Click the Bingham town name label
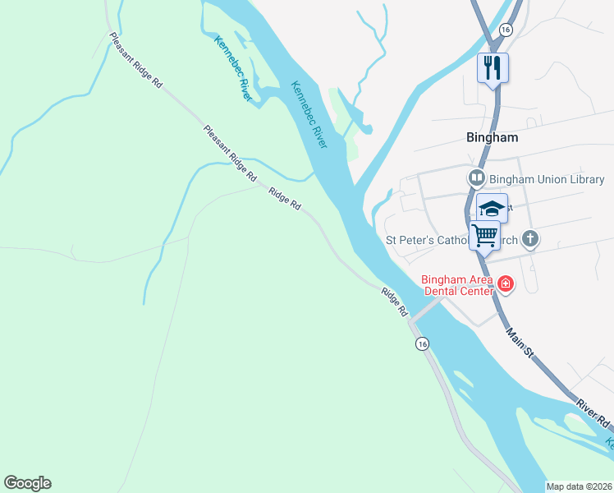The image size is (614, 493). tap(493, 137)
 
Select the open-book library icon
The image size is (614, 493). tap(476, 178)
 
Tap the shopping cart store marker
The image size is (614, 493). tap(484, 235)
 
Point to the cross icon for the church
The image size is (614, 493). tap(531, 240)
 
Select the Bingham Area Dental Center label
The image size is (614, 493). tap(458, 284)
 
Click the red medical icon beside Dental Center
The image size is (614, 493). tap(506, 285)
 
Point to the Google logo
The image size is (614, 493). tap(28, 483)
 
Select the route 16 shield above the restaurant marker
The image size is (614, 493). tap(506, 30)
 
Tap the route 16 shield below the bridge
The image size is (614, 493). tap(422, 343)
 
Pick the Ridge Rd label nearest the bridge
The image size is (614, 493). tap(394, 301)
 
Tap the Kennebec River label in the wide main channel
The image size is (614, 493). tap(309, 115)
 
